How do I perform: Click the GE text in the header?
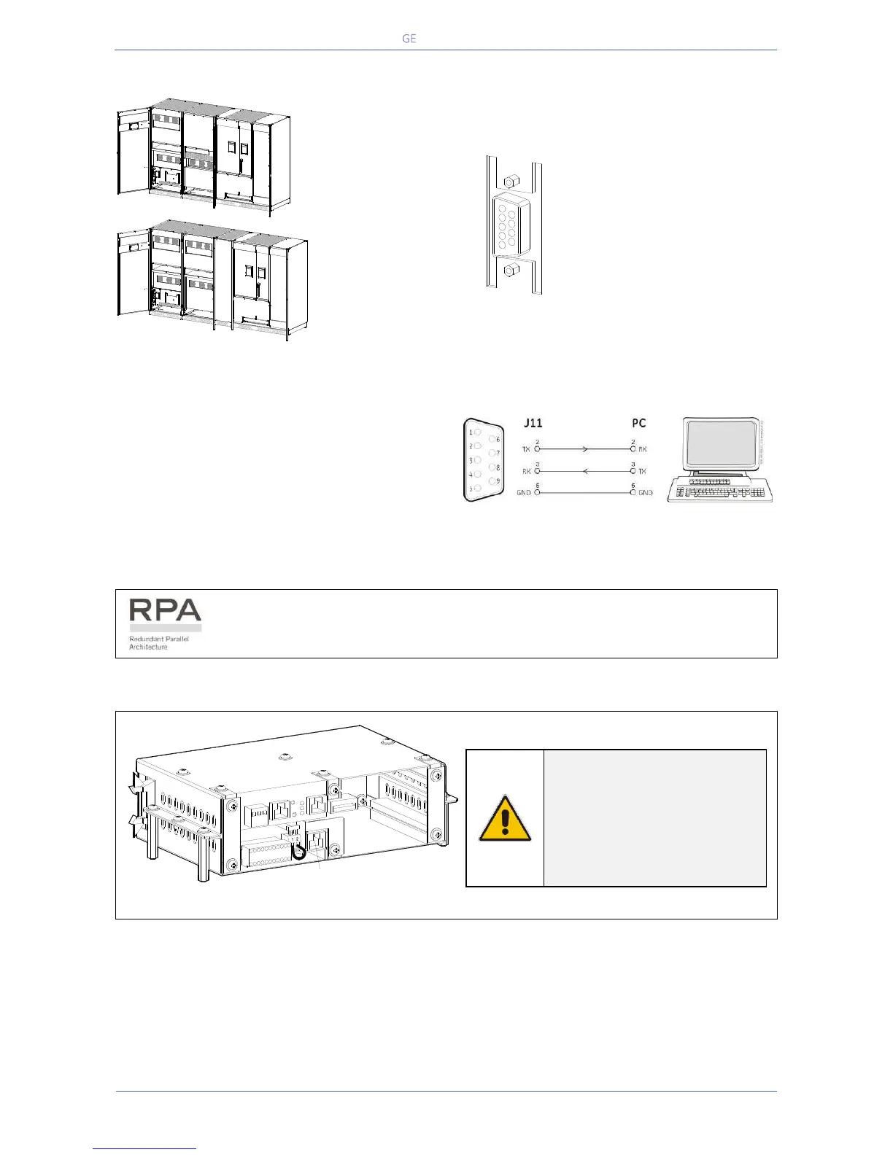(409, 39)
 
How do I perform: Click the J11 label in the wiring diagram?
(533, 423)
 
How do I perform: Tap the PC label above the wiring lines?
(638, 423)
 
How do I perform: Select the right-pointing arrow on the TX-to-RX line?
(584, 449)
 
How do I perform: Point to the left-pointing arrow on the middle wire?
(584, 471)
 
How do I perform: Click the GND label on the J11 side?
(524, 494)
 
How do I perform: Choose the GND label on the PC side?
(645, 494)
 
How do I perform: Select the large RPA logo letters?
(165, 610)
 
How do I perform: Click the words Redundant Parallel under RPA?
(158, 639)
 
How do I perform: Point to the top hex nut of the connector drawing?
(511, 179)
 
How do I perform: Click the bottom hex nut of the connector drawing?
(511, 273)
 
